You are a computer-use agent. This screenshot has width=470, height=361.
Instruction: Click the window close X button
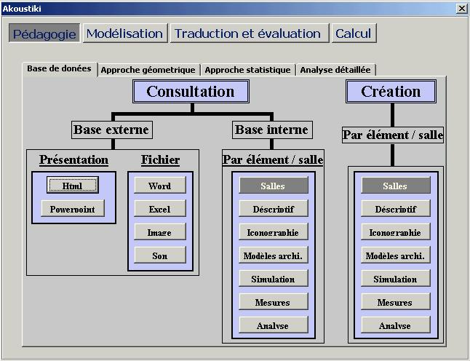coord(461,8)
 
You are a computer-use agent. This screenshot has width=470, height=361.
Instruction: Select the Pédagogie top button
coord(44,33)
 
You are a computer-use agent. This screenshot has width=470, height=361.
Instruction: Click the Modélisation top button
coord(124,33)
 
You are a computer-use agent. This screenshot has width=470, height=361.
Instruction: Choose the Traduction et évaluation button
coord(247,33)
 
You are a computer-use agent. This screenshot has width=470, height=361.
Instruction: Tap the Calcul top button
coord(353,33)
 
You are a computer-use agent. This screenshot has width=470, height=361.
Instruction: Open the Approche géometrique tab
coord(148,70)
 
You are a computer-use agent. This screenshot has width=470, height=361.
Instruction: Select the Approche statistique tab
coord(247,70)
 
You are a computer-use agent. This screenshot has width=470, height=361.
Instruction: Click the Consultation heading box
coord(191,92)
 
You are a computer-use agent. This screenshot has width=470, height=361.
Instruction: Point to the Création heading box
coord(391,92)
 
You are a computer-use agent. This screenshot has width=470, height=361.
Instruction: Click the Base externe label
coord(111,130)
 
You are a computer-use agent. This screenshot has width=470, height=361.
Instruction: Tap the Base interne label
coord(271,130)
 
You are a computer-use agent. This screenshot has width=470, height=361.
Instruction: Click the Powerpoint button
coord(72,210)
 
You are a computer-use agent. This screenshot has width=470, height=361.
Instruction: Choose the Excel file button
coord(159,210)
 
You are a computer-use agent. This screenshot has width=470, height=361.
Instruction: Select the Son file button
coord(159,256)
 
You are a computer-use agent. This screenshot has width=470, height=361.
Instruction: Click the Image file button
coord(159,233)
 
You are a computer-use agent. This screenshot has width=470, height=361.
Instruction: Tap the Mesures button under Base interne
coord(273,303)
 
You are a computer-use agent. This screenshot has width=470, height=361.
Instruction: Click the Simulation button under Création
coord(395,279)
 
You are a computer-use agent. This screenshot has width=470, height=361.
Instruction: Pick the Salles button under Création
coord(395,186)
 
